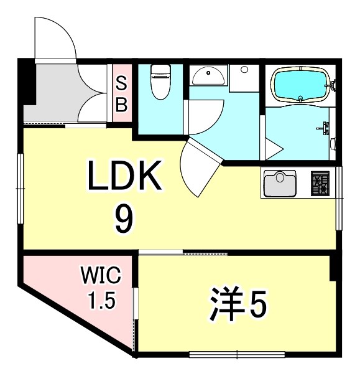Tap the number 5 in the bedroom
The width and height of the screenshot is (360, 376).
[257, 306]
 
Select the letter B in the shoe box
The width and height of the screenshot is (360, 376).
[122, 104]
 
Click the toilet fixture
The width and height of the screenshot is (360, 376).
[160, 83]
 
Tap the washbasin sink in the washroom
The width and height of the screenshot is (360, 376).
[208, 77]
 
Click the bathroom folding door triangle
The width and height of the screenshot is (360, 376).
[272, 147]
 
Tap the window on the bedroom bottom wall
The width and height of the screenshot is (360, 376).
[237, 355]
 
